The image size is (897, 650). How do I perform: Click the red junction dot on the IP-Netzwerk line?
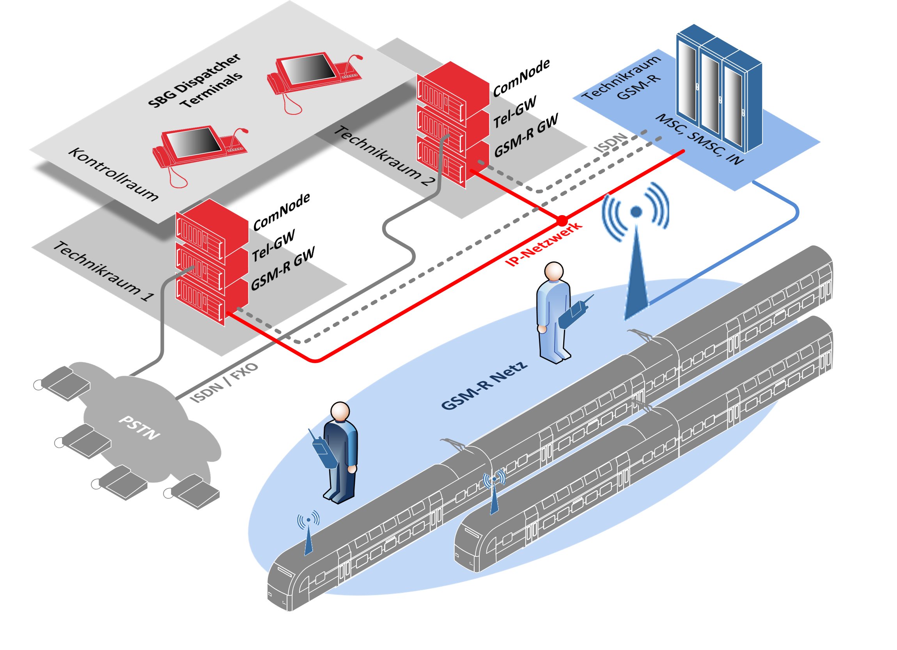tap(562, 220)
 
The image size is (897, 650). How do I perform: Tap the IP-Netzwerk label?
tap(544, 244)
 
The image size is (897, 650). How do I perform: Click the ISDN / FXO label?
tap(224, 383)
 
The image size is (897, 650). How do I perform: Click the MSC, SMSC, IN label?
tap(699, 139)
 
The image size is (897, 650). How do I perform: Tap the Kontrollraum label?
tap(113, 174)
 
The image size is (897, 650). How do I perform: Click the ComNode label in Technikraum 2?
tap(521, 78)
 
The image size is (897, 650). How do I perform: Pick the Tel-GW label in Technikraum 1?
tap(274, 246)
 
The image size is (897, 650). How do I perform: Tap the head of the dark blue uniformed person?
tap(340, 412)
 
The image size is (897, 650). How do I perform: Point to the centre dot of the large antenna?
tap(636, 212)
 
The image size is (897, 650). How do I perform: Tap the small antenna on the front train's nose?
tap(308, 533)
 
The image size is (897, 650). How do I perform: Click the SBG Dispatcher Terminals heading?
tap(195, 82)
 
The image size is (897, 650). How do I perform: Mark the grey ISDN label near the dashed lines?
tap(612, 143)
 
